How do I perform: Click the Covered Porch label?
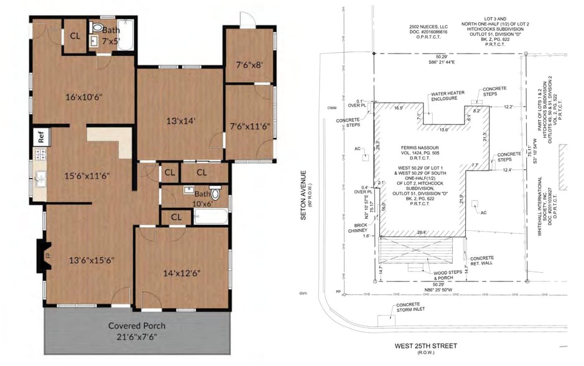coord(137,326)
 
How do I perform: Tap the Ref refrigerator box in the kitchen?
coord(41,136)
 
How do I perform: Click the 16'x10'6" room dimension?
coord(84,96)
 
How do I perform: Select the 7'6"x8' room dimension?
coord(249,64)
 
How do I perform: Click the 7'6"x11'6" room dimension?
coord(249,126)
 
